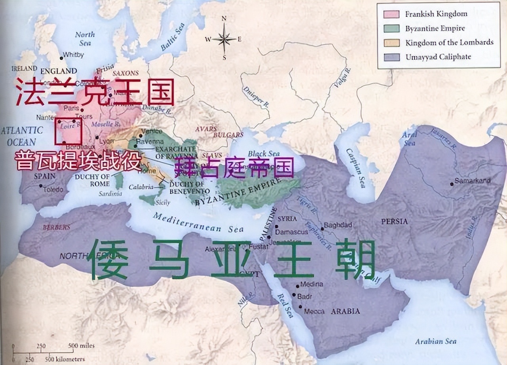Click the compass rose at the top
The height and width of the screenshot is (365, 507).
click(x=224, y=39)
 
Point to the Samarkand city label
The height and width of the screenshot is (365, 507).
click(x=472, y=181)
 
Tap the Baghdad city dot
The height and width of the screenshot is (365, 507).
click(x=322, y=229)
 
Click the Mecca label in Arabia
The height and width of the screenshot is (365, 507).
click(x=314, y=311)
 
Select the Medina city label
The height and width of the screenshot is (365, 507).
click(x=312, y=284)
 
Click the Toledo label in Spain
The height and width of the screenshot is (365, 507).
click(x=53, y=190)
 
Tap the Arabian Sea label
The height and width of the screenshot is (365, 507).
click(x=435, y=341)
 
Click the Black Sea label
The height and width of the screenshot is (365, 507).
click(x=263, y=154)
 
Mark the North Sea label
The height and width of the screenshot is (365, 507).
click(x=85, y=38)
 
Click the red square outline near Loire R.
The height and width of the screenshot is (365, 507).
click(x=69, y=131)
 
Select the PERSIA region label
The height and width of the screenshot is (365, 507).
click(x=394, y=221)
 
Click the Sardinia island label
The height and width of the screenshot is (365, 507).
click(x=111, y=194)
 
